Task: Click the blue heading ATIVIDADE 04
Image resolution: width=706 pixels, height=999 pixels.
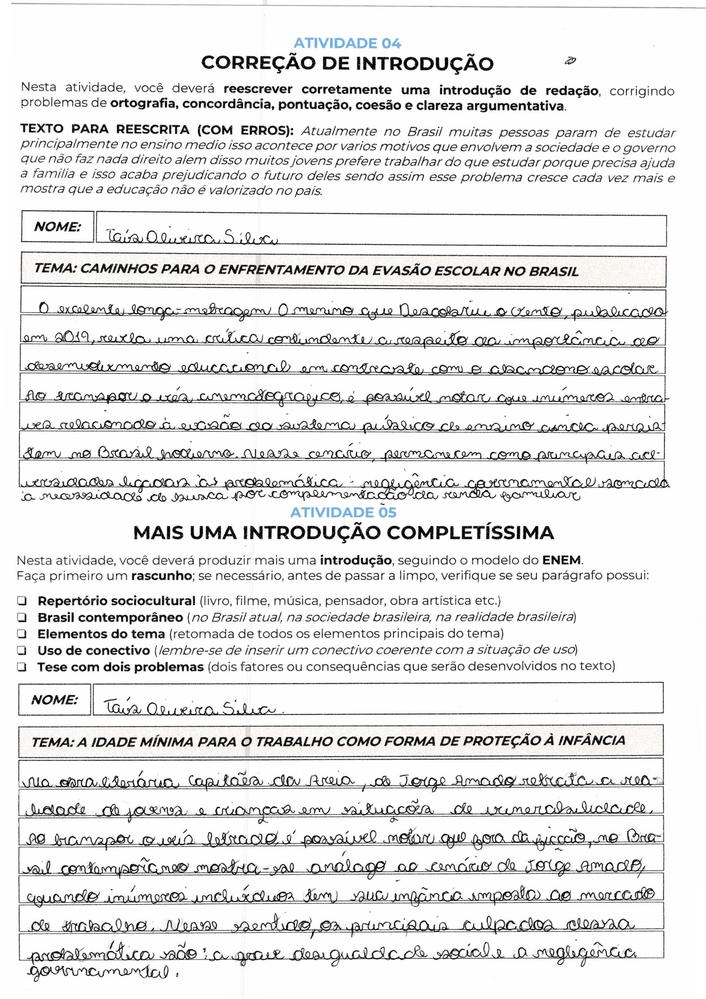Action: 347,43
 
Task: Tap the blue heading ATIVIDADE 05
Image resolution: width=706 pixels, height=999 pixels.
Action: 343,512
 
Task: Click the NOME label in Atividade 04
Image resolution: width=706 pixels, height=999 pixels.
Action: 57,227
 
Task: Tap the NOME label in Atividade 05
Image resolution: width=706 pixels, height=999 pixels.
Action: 54,700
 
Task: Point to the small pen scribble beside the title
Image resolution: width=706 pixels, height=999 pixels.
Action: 570,61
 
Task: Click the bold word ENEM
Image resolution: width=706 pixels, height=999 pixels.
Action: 562,561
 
